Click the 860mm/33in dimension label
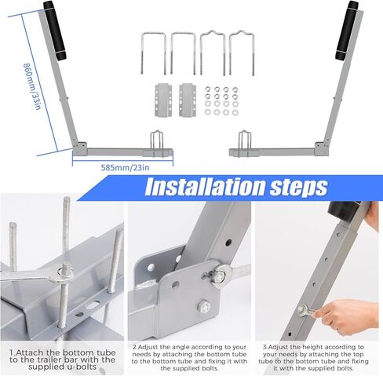[x=31, y=86]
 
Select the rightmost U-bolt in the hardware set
[x=240, y=52]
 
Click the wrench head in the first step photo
[x=63, y=271]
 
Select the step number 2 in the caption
[x=133, y=345]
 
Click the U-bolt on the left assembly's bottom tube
[x=158, y=141]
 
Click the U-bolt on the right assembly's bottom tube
[x=244, y=141]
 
